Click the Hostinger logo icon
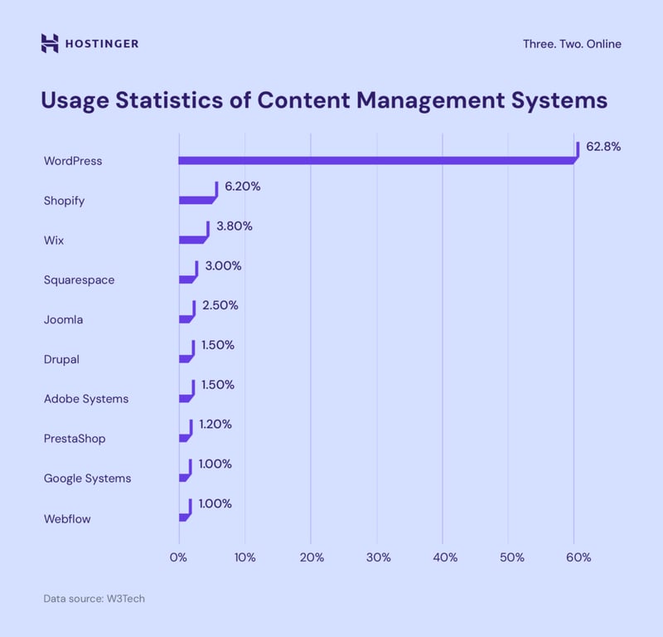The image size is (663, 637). [50, 43]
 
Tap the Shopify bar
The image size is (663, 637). [197, 199]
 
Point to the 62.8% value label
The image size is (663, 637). [603, 147]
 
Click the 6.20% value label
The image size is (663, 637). [243, 187]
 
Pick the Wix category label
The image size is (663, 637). [54, 241]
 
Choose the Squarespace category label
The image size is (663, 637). [79, 280]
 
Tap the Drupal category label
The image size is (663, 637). [60, 359]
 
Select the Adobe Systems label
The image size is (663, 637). [86, 399]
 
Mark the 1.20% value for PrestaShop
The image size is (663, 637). [215, 424]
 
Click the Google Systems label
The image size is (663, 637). [87, 478]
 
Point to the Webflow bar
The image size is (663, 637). [185, 516]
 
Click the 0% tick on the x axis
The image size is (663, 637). [178, 557]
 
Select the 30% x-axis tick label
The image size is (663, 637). [377, 557]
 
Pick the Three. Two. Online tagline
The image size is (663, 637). [572, 44]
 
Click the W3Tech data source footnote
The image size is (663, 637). [94, 598]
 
